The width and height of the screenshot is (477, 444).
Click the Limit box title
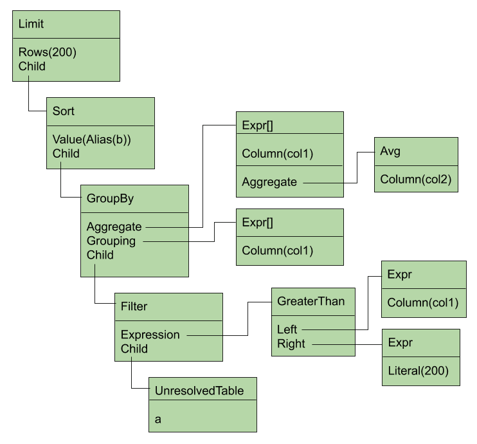pos(31,24)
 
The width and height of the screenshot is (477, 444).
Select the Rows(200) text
pos(47,52)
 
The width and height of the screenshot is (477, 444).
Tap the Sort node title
pos(63,111)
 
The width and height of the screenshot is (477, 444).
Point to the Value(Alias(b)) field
pos(91,140)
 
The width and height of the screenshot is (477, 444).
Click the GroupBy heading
pos(110,199)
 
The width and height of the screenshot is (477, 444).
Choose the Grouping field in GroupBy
pos(111,241)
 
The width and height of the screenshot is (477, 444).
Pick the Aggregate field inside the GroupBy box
pos(114,227)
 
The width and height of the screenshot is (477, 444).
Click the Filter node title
pos(134,306)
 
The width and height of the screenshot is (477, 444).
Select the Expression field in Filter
pos(150,335)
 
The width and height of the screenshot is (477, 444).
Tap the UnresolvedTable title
pos(199,391)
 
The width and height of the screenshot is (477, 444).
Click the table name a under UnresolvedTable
pos(158,420)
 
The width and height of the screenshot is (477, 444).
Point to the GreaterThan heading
pos(311,301)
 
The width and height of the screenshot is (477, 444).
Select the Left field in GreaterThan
pos(287,329)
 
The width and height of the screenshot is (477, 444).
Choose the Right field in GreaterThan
pos(291,344)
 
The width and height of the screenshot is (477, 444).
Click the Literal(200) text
pos(419,371)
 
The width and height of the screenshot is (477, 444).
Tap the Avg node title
pos(390,151)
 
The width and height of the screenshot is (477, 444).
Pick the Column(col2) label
pos(415,180)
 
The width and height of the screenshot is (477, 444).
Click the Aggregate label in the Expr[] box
pos(269,182)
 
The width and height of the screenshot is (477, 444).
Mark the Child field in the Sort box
pos(66,154)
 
